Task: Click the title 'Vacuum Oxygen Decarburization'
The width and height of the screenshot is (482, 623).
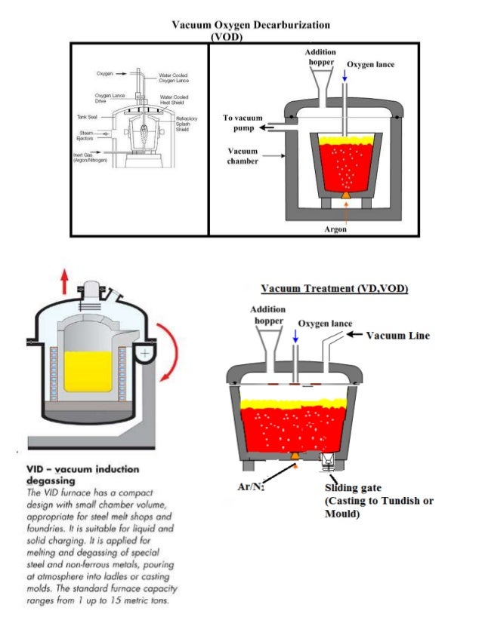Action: click(x=250, y=25)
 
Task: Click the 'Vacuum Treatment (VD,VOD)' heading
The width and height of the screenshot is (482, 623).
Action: click(x=335, y=289)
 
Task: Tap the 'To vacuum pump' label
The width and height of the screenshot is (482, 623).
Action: click(x=243, y=123)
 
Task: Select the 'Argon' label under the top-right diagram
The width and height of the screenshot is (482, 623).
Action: click(x=335, y=229)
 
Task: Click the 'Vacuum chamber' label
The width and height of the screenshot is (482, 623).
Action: click(x=243, y=156)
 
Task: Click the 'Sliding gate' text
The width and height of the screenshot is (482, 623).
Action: click(x=349, y=487)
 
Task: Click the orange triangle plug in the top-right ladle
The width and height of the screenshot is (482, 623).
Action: click(x=345, y=195)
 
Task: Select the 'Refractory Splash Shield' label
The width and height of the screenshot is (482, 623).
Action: click(x=187, y=124)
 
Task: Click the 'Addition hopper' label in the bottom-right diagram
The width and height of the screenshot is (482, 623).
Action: click(x=268, y=315)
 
